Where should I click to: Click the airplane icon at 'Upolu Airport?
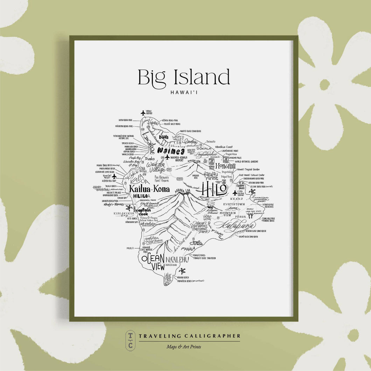(143, 113)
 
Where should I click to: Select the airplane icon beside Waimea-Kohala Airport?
(167, 157)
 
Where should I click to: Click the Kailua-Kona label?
(149, 189)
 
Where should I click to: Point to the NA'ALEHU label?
(177, 259)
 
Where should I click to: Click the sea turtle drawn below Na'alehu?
(182, 271)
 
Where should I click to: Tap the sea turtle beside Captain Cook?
(129, 208)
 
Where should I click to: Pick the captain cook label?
(143, 212)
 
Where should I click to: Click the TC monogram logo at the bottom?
(130, 340)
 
